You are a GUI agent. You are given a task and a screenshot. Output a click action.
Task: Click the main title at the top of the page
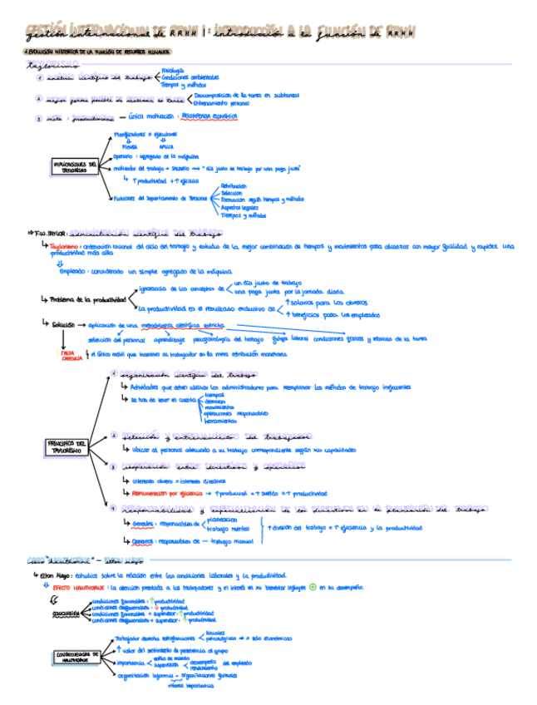pyautogui.click(x=220, y=31)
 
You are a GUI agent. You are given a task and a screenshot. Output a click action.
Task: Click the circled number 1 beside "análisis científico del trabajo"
pyautogui.click(x=39, y=78)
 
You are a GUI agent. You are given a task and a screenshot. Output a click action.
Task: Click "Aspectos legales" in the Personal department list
pyautogui.click(x=239, y=206)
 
